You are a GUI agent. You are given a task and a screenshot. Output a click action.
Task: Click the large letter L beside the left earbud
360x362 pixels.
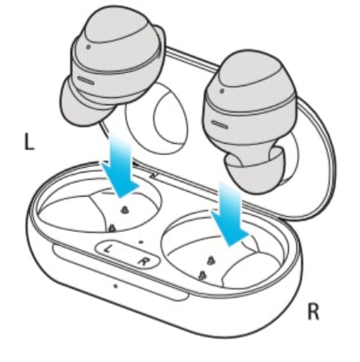point(29,142)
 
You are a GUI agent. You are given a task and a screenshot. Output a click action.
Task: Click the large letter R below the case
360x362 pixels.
point(313,311)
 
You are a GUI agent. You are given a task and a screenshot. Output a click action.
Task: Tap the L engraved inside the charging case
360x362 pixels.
point(107,249)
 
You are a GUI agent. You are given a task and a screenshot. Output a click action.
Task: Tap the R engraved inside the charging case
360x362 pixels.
point(144,261)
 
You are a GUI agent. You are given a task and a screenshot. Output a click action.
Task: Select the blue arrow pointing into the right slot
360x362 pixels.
point(230,214)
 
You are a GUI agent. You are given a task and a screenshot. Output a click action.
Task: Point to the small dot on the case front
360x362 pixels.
point(115,286)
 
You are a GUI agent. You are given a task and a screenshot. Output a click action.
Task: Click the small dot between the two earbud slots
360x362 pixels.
point(141,242)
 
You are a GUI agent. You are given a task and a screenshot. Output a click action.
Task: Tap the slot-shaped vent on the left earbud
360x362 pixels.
point(86,80)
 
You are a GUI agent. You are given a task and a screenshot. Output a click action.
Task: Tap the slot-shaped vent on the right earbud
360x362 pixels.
point(220,124)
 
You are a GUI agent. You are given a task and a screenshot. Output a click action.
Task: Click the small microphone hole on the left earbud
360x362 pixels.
point(88,47)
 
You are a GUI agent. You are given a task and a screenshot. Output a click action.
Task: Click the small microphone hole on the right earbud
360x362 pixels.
point(222,91)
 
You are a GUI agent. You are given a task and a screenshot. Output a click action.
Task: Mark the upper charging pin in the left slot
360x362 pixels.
point(124,210)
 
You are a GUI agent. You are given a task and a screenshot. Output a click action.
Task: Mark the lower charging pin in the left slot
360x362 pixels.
point(112,228)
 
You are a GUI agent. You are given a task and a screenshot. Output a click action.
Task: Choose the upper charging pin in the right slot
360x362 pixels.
point(211,260)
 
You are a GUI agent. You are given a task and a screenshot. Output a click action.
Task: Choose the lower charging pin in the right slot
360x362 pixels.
point(203,275)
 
